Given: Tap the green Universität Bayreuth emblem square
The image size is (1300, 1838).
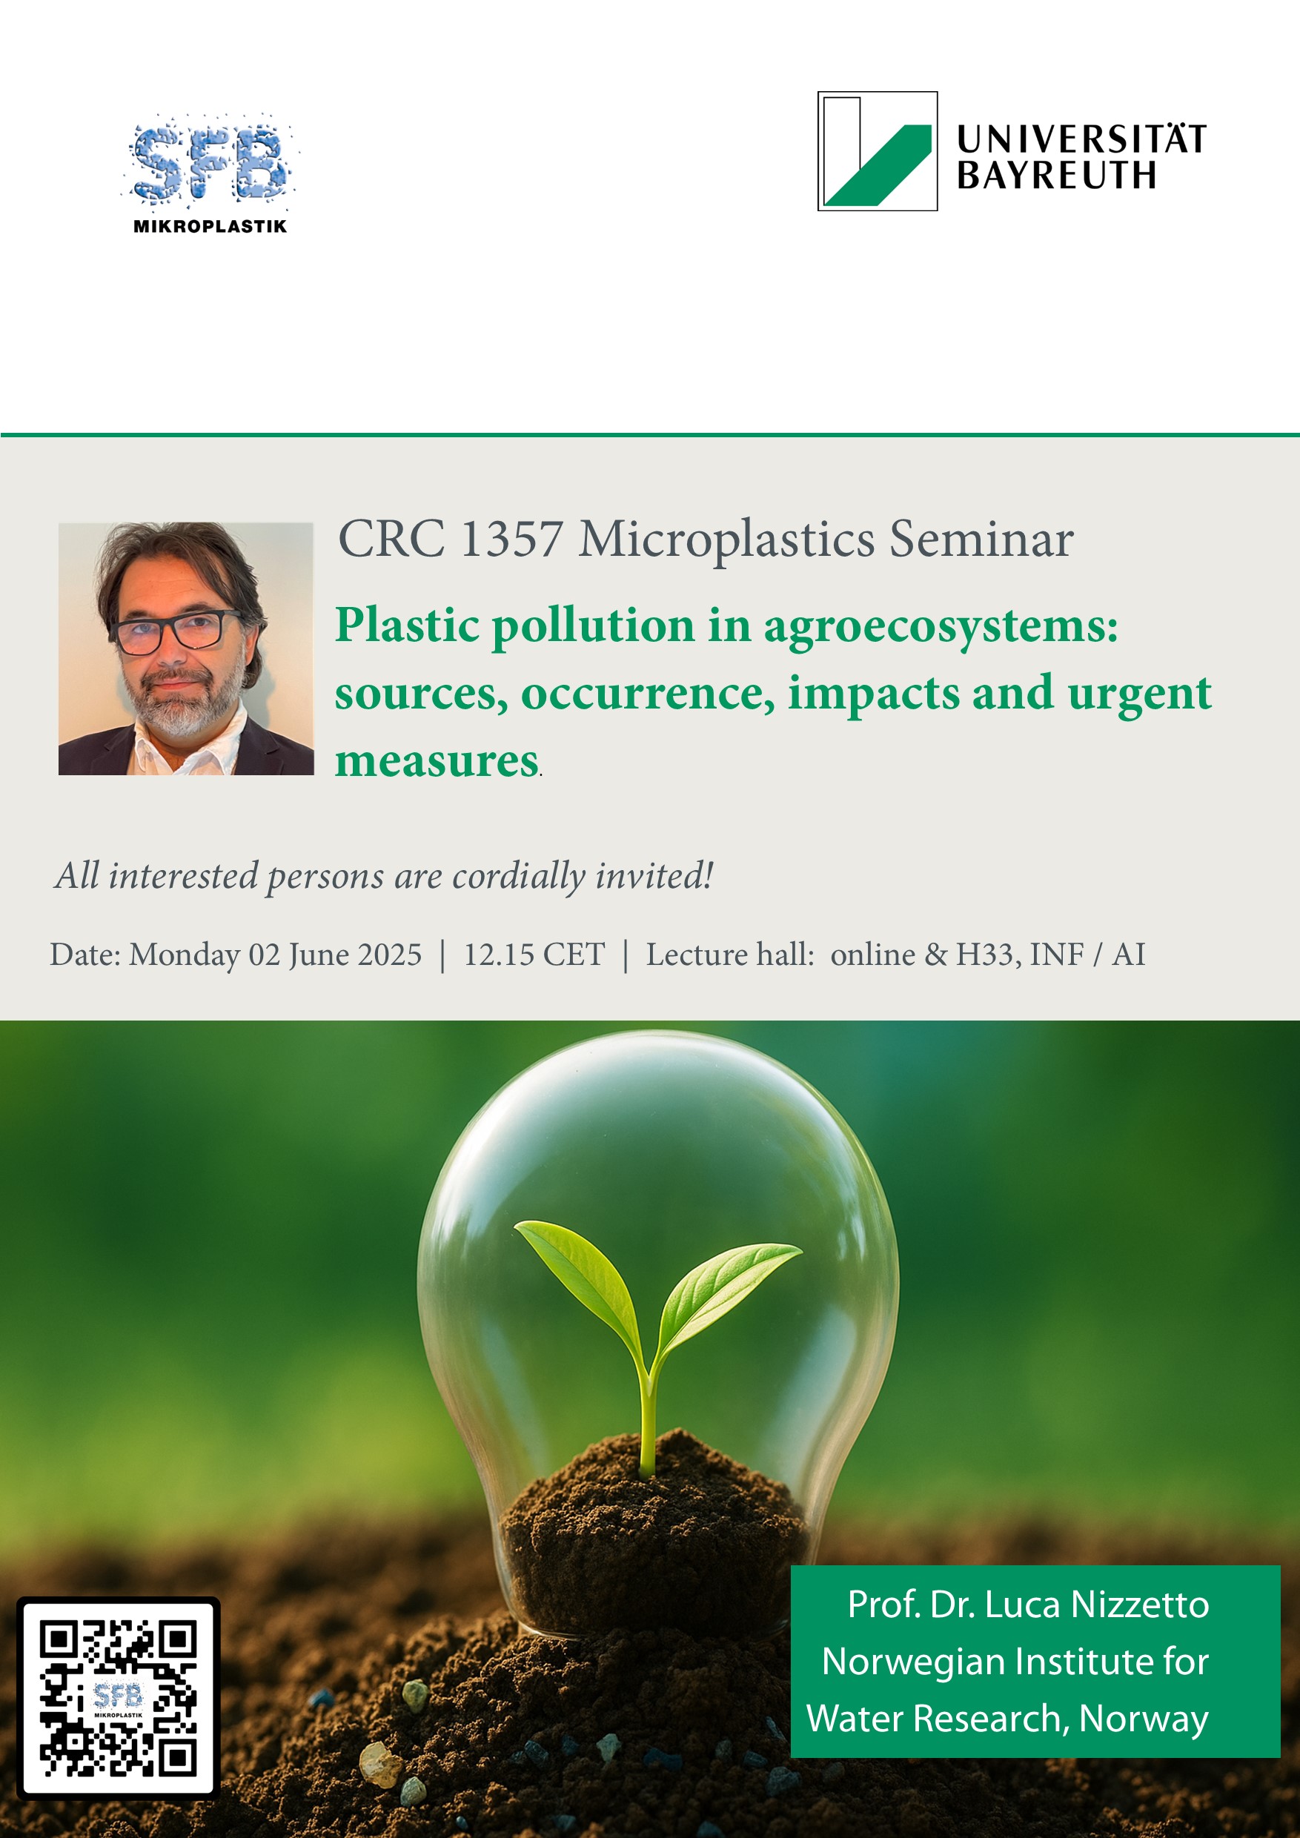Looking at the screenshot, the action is (878, 151).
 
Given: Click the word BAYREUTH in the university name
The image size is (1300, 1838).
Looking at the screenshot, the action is (1057, 176).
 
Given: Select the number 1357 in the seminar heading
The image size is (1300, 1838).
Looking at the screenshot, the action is (511, 539).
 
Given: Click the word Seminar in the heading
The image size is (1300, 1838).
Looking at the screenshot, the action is (981, 539).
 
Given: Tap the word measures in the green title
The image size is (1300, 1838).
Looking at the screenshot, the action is (437, 760).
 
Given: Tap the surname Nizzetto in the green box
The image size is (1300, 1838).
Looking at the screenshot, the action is (1140, 1605).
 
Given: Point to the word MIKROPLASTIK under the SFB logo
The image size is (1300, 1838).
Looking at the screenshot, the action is (210, 227).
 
